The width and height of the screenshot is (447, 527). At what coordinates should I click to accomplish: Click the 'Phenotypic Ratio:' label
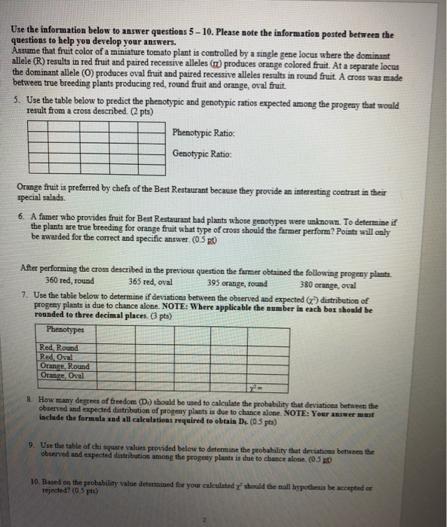(202, 133)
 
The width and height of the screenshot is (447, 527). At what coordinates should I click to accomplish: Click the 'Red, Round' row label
(60, 348)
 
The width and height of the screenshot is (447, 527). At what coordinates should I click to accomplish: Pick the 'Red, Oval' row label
(57, 357)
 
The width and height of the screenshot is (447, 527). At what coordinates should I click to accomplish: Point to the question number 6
(17, 215)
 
